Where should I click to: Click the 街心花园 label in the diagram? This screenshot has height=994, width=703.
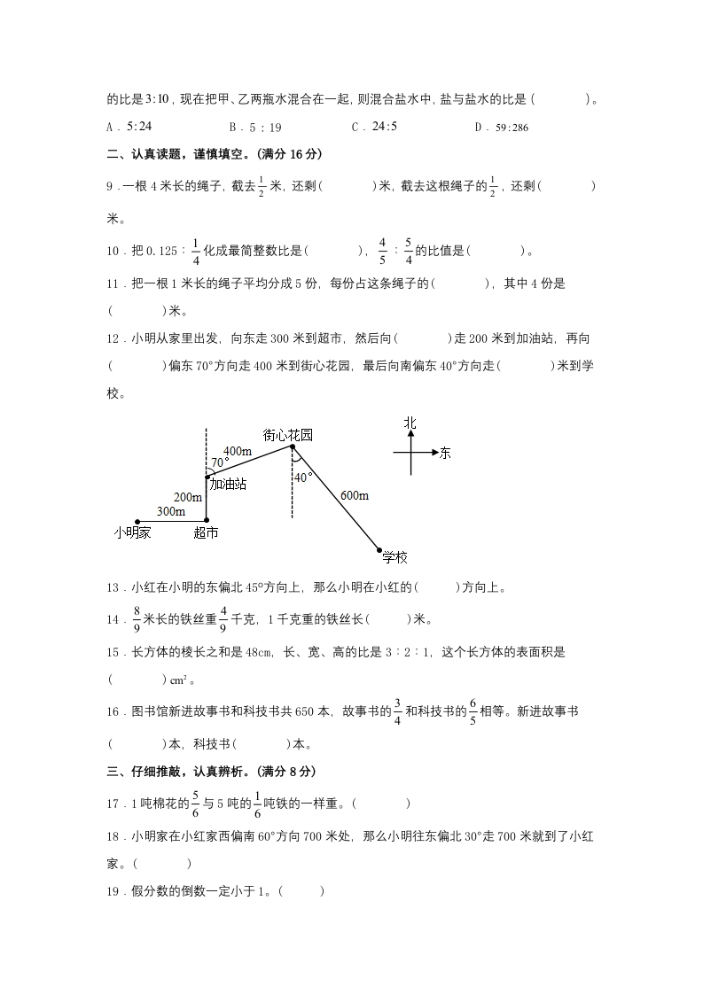coord(288,435)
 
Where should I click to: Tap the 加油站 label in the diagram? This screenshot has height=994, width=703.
coord(228,484)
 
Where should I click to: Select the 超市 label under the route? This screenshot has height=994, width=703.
coord(206,532)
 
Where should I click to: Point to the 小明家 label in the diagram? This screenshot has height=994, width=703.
coord(132,532)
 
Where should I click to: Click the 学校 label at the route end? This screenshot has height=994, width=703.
coord(394,557)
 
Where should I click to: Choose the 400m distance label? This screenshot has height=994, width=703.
coord(237,451)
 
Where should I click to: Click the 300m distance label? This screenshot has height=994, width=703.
coord(171,512)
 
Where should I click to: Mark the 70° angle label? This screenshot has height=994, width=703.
coord(219,462)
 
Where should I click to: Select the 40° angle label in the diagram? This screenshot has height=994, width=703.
coord(303,478)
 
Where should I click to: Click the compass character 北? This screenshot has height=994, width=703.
coord(410,423)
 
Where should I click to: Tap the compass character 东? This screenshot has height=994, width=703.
coord(444,453)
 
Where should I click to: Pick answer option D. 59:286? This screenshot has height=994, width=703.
coord(502,128)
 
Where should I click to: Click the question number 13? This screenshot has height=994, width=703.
coord(113,586)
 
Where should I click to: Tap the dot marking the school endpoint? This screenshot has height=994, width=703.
coord(379,549)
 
